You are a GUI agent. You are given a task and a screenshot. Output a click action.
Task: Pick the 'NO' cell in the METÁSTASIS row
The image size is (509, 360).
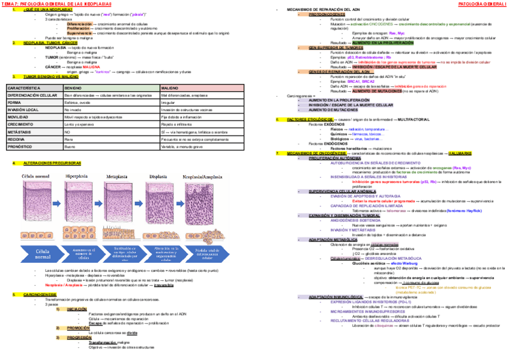click(68, 130)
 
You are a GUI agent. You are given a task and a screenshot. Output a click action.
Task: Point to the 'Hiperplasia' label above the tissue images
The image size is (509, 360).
click(77, 176)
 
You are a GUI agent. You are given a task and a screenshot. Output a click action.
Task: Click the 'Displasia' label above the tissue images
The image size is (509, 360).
click(158, 176)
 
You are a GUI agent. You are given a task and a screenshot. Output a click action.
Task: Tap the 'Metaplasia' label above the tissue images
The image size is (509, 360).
click(118, 176)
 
